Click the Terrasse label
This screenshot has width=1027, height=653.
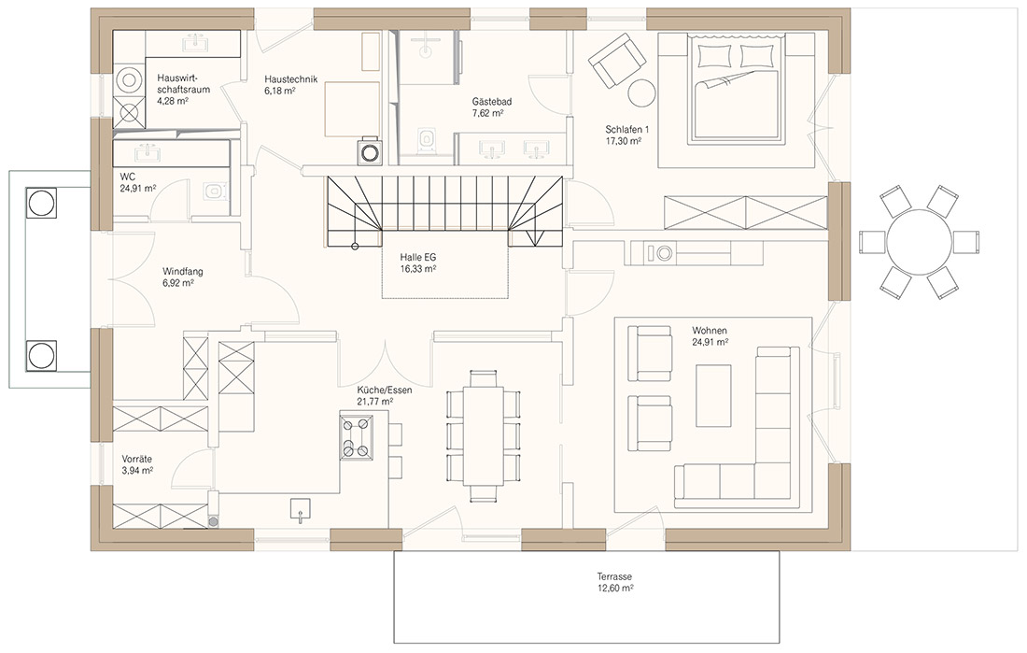click(614, 577)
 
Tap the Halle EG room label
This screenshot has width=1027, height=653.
click(418, 258)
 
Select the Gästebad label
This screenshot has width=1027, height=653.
click(492, 102)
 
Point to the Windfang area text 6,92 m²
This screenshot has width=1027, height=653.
click(178, 283)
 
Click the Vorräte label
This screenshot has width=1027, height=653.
click(137, 460)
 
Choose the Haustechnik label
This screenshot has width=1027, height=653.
click(290, 79)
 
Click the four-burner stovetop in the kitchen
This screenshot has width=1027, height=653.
click(357, 437)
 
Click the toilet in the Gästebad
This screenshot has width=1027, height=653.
click(427, 138)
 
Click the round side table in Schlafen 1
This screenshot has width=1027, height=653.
click(642, 93)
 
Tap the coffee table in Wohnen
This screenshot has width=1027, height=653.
click(713, 395)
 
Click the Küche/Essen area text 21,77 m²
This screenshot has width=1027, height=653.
click(374, 402)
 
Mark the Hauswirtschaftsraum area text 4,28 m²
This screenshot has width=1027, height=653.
click(173, 101)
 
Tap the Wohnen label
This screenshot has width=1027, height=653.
click(710, 331)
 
